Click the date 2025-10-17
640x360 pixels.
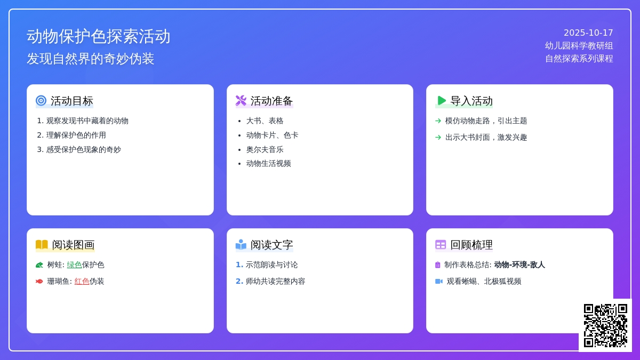tap(588, 33)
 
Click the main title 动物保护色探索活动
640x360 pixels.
tap(99, 36)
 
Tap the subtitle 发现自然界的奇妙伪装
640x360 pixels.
tap(90, 59)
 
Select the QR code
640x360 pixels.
tap(605, 325)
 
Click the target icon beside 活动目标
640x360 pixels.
tap(41, 100)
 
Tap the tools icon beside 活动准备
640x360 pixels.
tap(241, 100)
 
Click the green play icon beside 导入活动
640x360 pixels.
tap(441, 100)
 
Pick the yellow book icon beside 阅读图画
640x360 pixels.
tap(42, 245)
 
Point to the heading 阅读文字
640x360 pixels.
tap(272, 245)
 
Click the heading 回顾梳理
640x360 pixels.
tap(471, 245)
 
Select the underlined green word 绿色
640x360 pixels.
tap(74, 265)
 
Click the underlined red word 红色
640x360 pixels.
tap(82, 281)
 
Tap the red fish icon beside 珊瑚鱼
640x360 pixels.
tap(39, 281)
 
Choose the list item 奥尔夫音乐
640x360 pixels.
tap(265, 149)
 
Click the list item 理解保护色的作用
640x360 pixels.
tap(76, 135)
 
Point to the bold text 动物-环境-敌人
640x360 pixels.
tap(519, 265)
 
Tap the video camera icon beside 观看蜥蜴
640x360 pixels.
tap(438, 281)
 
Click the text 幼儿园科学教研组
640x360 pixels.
tap(579, 46)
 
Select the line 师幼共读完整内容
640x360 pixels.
tap(275, 281)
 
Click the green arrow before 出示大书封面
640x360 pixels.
tap(438, 137)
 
